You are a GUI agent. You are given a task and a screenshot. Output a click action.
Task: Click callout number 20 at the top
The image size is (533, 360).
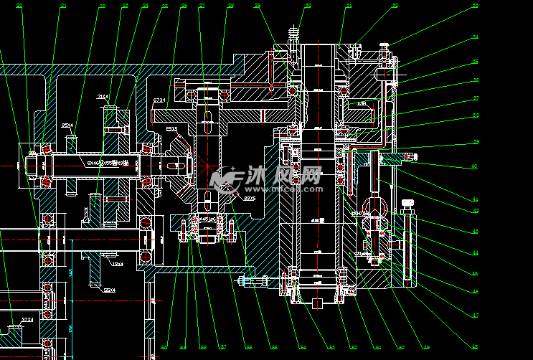click(x=19, y=6)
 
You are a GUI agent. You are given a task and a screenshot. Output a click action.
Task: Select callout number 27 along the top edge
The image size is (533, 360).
click(x=202, y=6)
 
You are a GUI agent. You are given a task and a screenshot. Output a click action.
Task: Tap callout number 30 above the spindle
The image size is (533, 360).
click(x=308, y=6)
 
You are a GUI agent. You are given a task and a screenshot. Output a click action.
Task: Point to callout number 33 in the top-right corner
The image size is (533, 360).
click(x=495, y=6)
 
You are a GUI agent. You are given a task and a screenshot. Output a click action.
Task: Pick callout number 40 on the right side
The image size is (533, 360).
click(x=474, y=166)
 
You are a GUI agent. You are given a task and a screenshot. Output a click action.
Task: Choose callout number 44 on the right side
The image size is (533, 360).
click(x=474, y=252)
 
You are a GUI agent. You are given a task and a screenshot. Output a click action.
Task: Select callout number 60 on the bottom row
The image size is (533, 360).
click(x=164, y=347)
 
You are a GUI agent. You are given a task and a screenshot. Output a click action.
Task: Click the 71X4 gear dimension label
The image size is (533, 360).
click(x=102, y=96)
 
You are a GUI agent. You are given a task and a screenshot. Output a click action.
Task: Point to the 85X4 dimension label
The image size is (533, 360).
click(x=69, y=125)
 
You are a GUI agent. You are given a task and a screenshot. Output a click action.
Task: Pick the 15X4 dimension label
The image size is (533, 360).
click(x=117, y=264)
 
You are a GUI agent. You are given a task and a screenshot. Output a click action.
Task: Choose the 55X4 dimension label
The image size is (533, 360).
click(x=110, y=290)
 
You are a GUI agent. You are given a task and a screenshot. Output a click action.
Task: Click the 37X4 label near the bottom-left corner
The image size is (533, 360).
click(x=27, y=319)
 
